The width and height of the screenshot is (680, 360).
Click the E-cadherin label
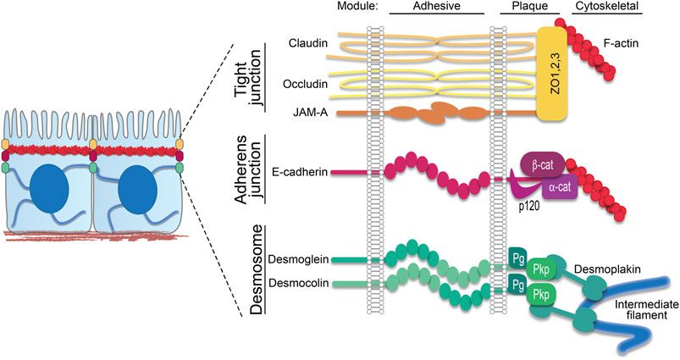(x=300, y=171)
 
